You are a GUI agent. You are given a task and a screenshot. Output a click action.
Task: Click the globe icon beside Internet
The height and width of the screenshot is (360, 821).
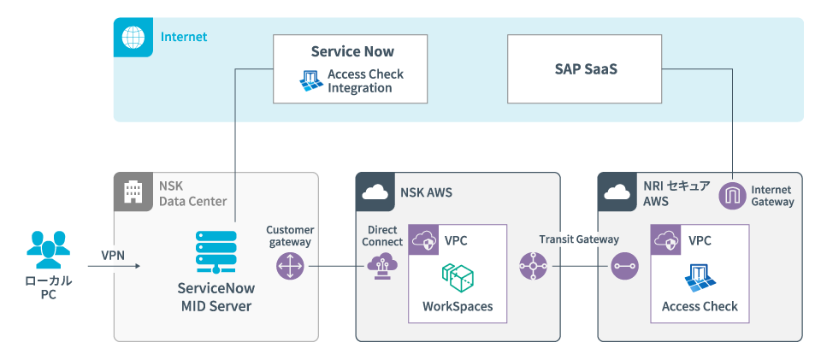[x=132, y=37]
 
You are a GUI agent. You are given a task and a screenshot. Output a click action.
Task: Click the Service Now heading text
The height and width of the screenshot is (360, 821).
[x=352, y=51]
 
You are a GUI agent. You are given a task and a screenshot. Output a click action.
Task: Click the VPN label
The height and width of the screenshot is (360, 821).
[x=113, y=255]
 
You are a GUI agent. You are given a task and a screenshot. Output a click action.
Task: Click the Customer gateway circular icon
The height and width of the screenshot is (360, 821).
[x=290, y=267]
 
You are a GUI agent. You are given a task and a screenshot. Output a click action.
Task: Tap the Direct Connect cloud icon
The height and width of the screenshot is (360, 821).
[x=381, y=266]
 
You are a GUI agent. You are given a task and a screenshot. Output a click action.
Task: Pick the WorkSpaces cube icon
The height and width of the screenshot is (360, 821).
[x=458, y=278]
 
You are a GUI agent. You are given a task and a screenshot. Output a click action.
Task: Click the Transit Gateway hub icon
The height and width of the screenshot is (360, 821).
[x=534, y=267]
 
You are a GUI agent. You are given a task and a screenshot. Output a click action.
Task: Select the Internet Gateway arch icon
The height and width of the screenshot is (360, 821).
[x=733, y=197]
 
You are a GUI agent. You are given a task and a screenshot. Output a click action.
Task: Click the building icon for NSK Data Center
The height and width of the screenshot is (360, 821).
[x=133, y=192]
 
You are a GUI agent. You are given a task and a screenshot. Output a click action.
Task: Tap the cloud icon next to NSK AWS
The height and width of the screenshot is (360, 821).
[x=375, y=192]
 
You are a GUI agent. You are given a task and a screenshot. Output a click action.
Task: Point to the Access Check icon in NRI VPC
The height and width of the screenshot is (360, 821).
[x=700, y=278]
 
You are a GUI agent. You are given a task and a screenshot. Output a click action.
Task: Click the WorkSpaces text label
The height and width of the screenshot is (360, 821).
[x=458, y=306]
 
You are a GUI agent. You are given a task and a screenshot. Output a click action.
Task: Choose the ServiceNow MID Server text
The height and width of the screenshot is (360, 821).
[x=214, y=297]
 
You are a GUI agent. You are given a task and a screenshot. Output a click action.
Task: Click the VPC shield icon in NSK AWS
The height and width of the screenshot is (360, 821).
[x=426, y=241]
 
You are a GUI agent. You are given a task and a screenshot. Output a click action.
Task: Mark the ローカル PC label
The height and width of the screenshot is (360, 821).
[x=48, y=288]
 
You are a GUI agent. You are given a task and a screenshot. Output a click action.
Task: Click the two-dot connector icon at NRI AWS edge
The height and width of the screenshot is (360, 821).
[x=623, y=267]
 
